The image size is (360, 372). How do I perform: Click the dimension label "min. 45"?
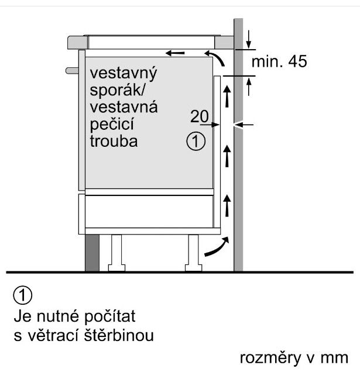coord(279,61)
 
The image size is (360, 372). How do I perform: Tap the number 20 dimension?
coord(199,117)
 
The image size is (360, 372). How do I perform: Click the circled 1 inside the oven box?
coord(196,141)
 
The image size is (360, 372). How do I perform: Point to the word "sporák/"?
coord(117,91)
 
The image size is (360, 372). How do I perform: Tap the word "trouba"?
coord(114,141)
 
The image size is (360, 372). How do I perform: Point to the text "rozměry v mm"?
coord(294,357)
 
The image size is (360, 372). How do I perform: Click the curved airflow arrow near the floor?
coord(215,247)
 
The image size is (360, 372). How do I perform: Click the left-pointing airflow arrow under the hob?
coord(176,54)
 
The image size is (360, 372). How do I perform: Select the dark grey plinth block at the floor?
coord(92,253)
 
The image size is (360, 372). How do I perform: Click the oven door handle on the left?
coord(73,70)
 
